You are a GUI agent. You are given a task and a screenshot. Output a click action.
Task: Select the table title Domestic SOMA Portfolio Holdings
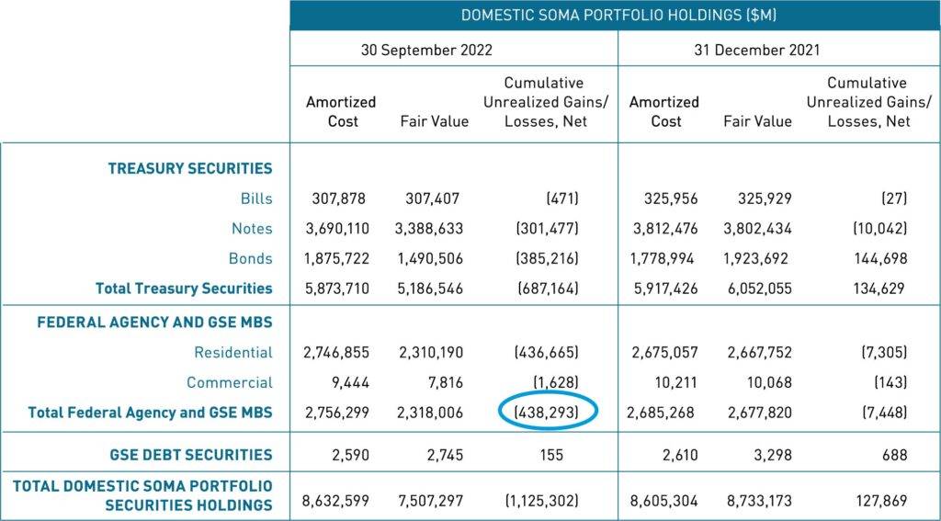[616, 15]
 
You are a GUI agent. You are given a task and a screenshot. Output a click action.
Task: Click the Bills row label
[255, 198]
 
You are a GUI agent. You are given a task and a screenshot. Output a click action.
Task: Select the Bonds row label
[251, 258]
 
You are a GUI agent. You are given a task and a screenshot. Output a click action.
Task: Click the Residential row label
[233, 352]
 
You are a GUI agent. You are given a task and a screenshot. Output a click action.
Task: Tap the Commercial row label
[230, 382]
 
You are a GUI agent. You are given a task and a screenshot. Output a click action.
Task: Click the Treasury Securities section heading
[190, 168]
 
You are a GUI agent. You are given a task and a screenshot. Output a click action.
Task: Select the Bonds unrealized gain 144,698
[873, 258]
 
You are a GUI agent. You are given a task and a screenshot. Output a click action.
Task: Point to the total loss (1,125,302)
[541, 501]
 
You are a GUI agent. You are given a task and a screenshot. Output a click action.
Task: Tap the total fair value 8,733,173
[757, 501]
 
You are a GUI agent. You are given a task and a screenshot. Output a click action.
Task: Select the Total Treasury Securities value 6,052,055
[757, 289]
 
